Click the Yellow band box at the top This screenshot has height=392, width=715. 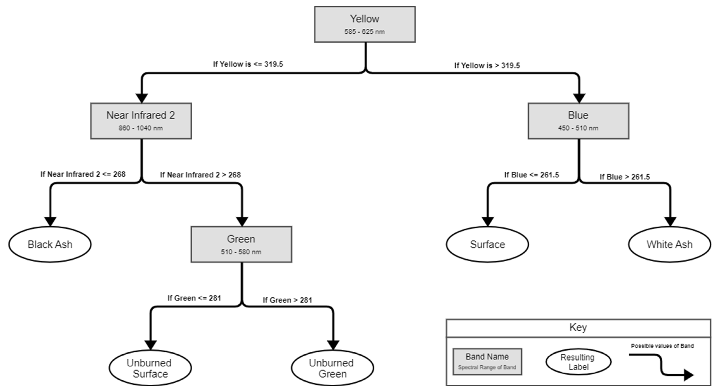pyautogui.click(x=365, y=24)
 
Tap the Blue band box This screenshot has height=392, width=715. pyautogui.click(x=578, y=121)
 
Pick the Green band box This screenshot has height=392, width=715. pyautogui.click(x=241, y=244)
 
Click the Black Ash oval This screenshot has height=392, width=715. pyautogui.click(x=50, y=244)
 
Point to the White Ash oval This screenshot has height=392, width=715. pyautogui.click(x=669, y=244)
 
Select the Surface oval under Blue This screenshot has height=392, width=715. pyautogui.click(x=487, y=244)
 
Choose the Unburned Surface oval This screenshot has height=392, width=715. pyautogui.click(x=150, y=368)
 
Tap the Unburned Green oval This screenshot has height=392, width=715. pyautogui.click(x=332, y=368)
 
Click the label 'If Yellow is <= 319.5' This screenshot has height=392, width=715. pyautogui.click(x=248, y=64)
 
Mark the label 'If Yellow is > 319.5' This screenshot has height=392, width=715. pyautogui.click(x=487, y=65)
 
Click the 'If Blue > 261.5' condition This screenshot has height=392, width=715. pyautogui.click(x=625, y=177)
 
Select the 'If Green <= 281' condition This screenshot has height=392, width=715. pyautogui.click(x=194, y=298)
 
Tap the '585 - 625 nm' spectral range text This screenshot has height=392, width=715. pyautogui.click(x=364, y=32)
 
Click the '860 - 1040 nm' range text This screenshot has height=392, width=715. pyautogui.click(x=141, y=128)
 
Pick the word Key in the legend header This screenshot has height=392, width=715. pyautogui.click(x=578, y=327)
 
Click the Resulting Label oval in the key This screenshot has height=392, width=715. pyautogui.click(x=578, y=362)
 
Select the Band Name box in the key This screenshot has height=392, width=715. pyautogui.click(x=487, y=362)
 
